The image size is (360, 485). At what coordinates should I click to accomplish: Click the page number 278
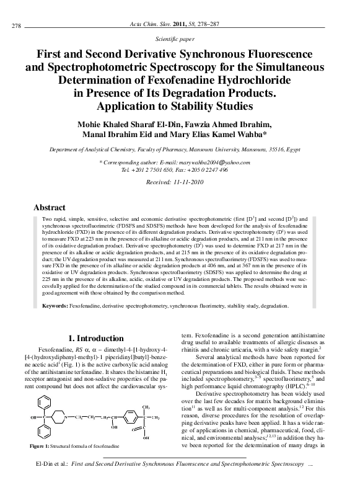(x=17, y=26)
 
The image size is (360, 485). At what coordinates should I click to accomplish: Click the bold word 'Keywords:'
(x=55, y=306)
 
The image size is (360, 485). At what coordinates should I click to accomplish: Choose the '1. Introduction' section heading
(x=95, y=339)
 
